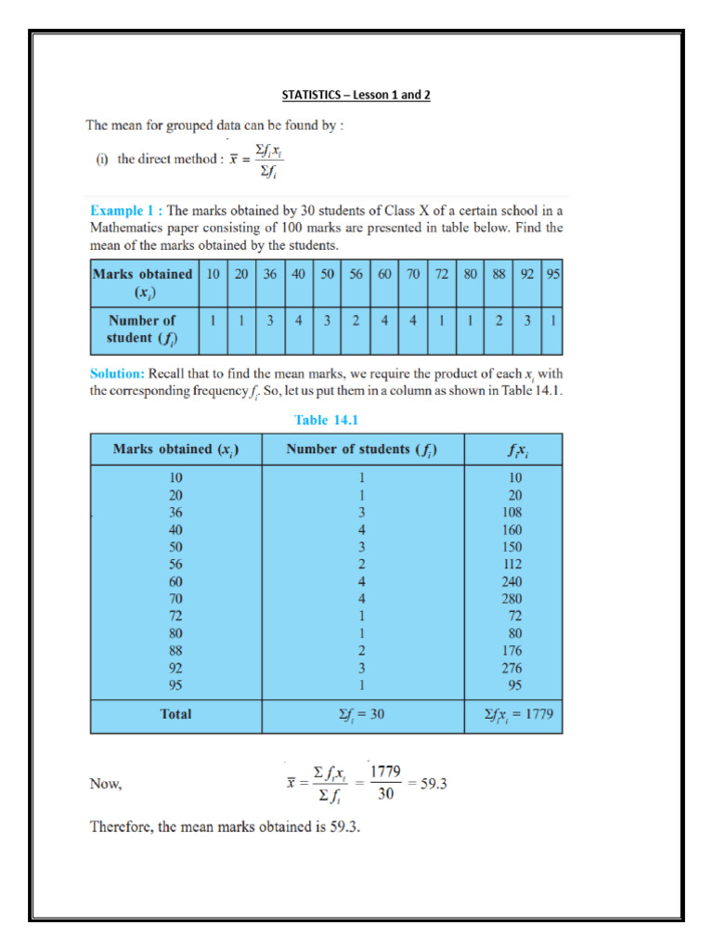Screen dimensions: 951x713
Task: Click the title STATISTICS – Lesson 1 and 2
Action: tap(356, 96)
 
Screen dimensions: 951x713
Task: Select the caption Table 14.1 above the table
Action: tap(326, 420)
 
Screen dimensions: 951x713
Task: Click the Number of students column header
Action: tap(362, 450)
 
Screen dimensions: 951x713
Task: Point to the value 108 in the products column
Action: tap(511, 512)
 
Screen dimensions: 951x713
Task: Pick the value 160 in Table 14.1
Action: tap(511, 529)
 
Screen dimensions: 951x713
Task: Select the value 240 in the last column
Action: tap(511, 581)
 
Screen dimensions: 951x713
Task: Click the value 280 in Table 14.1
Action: tap(511, 598)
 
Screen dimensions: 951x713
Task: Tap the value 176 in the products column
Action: tap(511, 650)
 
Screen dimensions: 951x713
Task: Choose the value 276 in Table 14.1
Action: tap(511, 668)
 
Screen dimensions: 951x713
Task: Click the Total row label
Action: tap(176, 714)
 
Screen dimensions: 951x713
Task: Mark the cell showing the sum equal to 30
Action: tap(362, 715)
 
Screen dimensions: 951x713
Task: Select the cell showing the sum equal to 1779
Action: tap(512, 715)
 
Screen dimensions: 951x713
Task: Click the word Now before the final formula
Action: tap(106, 784)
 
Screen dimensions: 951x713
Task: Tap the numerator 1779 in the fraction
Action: tap(386, 771)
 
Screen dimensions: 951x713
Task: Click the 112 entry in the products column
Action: tap(511, 564)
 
